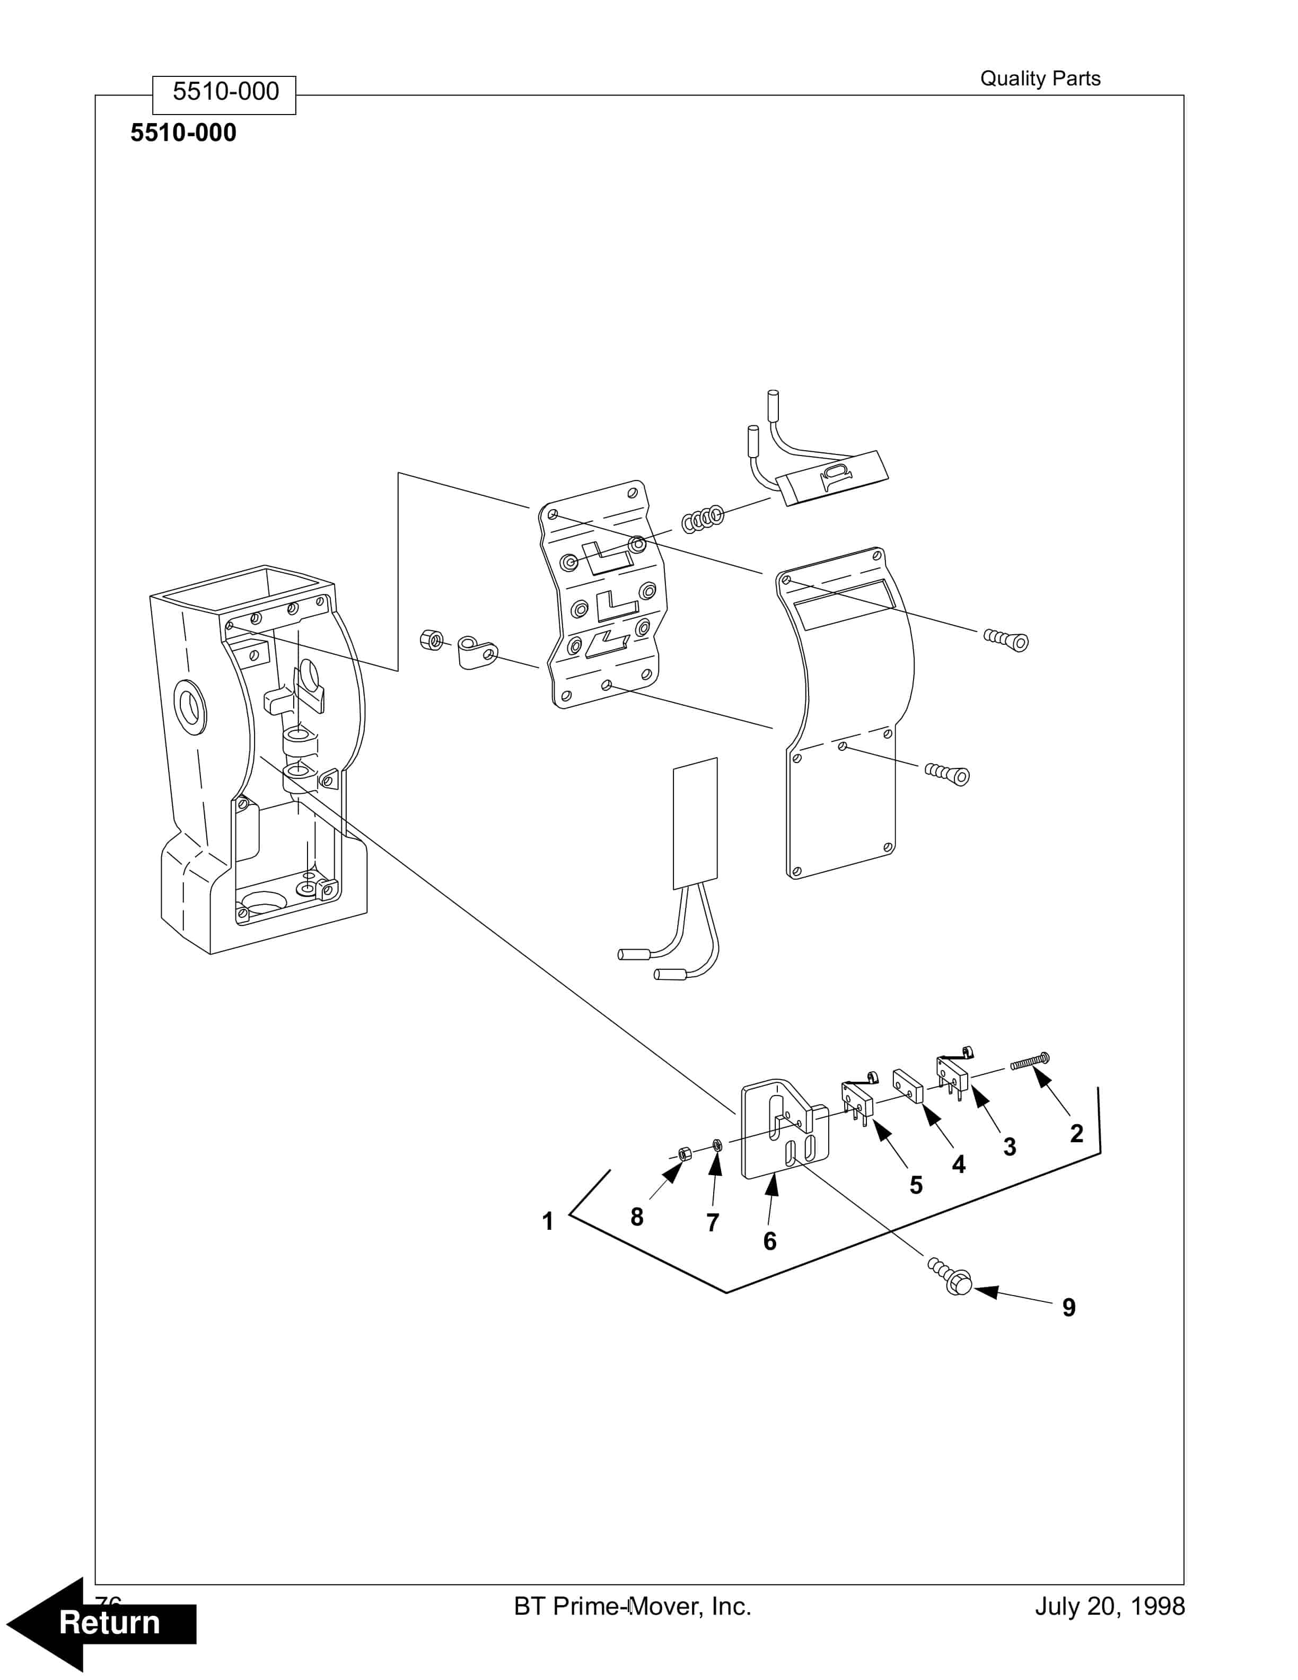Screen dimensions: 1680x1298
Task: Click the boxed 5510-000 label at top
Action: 224,92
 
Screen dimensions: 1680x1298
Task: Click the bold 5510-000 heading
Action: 183,133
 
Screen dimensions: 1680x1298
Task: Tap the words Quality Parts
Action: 1040,78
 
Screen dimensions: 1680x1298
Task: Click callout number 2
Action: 1076,1133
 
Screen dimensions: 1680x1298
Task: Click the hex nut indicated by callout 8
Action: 682,1153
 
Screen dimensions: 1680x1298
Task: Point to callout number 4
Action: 958,1164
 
